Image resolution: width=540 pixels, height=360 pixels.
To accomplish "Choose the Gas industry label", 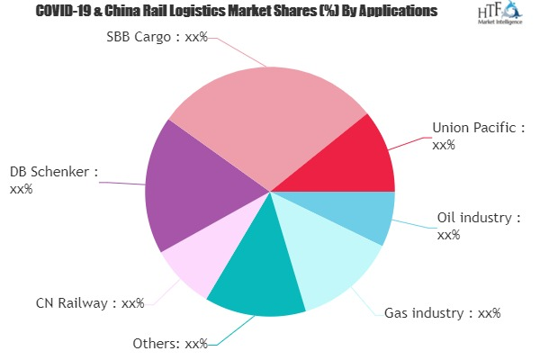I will pyautogui.click(x=441, y=313).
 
